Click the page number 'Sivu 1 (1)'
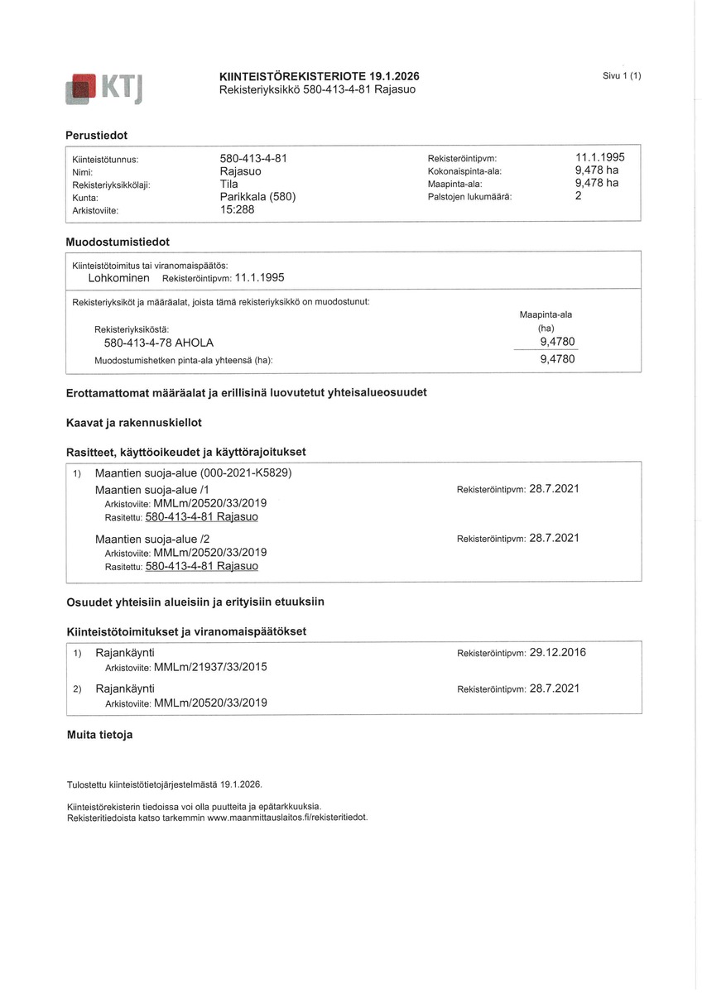[x=622, y=76]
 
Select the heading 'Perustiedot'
[x=97, y=135]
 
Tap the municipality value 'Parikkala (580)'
[x=257, y=197]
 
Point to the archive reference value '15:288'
[x=237, y=210]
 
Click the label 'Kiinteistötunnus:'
[x=105, y=158]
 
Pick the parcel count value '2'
[x=579, y=197]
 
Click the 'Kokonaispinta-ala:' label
[x=464, y=171]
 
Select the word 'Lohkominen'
[x=118, y=278]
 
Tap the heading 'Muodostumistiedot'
[x=118, y=242]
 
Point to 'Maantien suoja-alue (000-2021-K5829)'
[x=194, y=473]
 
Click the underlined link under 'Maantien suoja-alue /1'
[x=201, y=517]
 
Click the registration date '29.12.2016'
[x=557, y=652]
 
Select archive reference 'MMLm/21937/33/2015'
[x=210, y=667]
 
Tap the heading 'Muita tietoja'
[x=99, y=734]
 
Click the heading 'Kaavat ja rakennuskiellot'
[x=133, y=423]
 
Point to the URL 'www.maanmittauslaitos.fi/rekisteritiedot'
[x=286, y=818]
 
